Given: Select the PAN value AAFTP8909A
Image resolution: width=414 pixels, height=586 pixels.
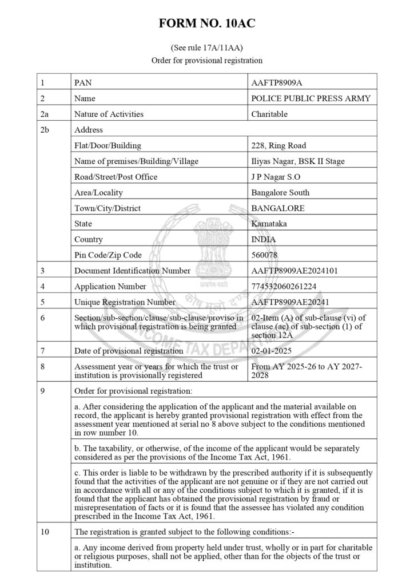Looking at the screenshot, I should click(277, 82).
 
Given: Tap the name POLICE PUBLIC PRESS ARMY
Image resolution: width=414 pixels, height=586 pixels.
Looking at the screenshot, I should click(311, 98).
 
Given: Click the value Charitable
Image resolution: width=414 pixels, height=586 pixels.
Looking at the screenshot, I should click(269, 114).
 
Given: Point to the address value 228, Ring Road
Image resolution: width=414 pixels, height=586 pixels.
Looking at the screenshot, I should click(278, 145).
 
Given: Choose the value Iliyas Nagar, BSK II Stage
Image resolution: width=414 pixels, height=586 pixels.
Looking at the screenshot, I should click(298, 161).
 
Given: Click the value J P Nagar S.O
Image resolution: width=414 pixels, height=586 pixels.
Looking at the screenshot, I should click(276, 177).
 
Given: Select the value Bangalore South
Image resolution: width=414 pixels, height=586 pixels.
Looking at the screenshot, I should click(280, 192).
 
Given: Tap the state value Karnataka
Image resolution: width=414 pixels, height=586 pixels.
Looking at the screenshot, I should click(270, 224).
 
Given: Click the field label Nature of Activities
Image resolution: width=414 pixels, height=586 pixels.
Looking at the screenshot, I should click(109, 114).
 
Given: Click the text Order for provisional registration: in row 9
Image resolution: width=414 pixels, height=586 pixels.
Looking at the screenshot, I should click(134, 391).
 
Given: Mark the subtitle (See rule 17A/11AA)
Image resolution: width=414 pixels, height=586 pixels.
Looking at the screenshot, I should click(207, 47).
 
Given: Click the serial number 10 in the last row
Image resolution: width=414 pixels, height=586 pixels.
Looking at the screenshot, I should click(45, 532).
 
